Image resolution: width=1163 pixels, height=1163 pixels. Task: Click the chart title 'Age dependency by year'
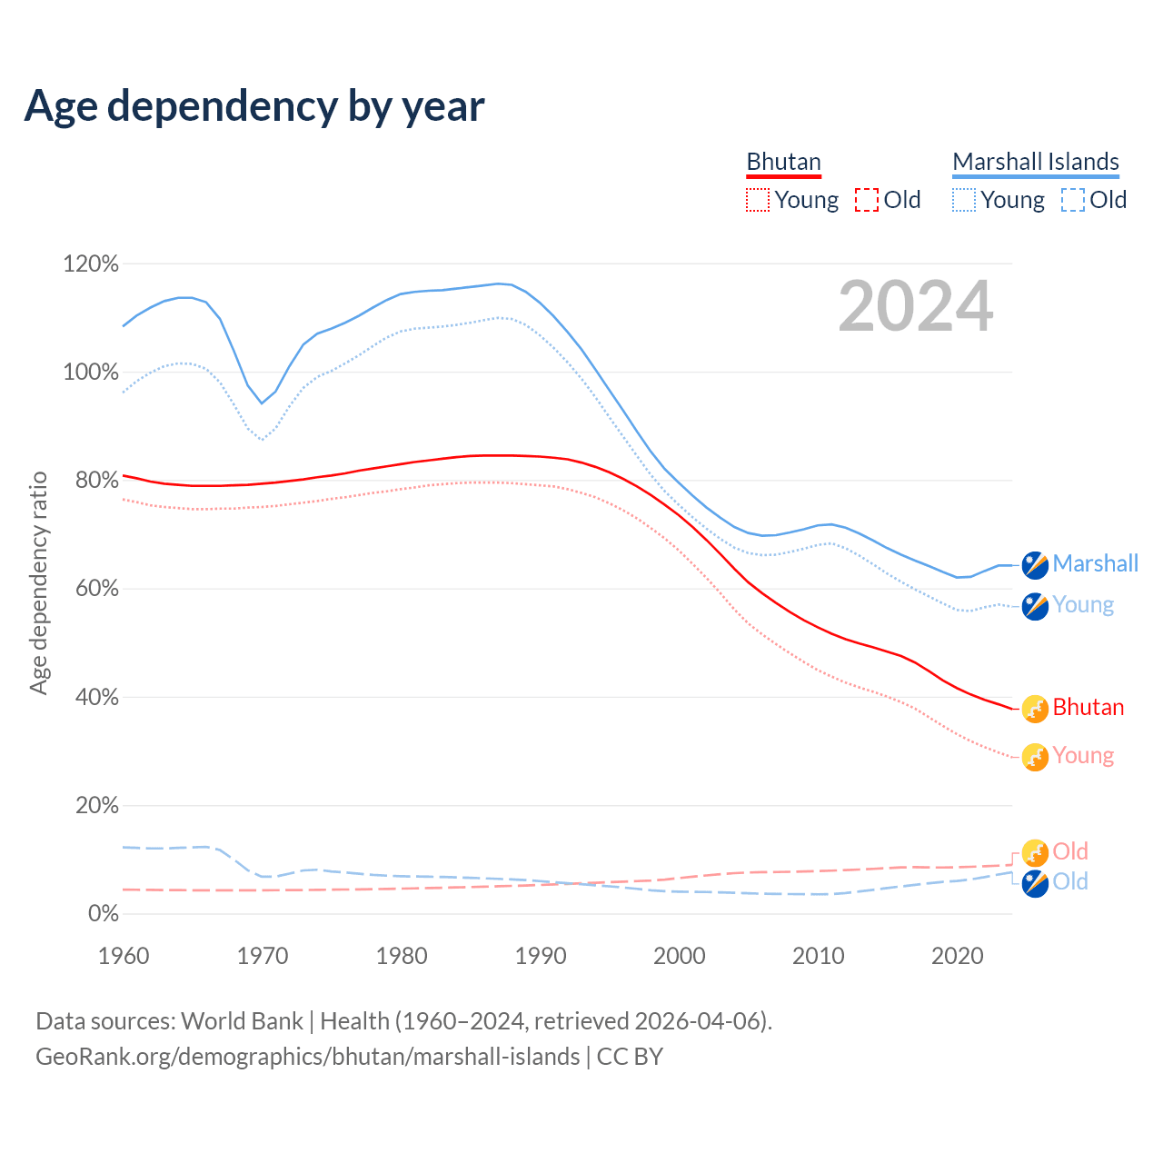click(254, 106)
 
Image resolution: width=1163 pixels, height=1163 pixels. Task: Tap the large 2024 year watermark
click(915, 306)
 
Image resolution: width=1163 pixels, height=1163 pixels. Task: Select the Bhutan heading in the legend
click(783, 162)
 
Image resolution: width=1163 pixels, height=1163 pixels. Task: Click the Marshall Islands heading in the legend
click(1035, 162)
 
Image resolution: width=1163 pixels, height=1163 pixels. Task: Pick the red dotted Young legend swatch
click(757, 200)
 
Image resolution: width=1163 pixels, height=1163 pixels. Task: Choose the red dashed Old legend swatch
click(866, 200)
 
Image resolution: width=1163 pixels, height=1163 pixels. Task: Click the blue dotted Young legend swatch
click(963, 200)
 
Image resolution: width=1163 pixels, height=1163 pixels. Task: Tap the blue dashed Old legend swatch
click(1072, 200)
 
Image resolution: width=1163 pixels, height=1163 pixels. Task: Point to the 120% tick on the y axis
click(91, 264)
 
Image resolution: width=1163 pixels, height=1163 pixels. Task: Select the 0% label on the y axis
click(103, 914)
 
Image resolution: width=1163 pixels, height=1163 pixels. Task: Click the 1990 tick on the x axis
click(541, 956)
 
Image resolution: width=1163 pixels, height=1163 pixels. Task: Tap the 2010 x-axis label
click(819, 956)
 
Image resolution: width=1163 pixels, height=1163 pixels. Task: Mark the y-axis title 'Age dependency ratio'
click(38, 582)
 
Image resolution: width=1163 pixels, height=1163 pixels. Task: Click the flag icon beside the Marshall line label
click(1035, 564)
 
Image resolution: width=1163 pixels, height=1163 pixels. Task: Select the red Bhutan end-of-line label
click(1088, 708)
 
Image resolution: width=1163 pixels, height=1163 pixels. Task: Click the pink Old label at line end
click(1069, 851)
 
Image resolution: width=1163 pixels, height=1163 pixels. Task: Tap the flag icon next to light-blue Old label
click(1035, 882)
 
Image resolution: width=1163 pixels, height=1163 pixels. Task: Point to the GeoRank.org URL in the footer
click(307, 1057)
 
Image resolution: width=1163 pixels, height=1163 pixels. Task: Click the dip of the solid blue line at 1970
click(262, 403)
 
